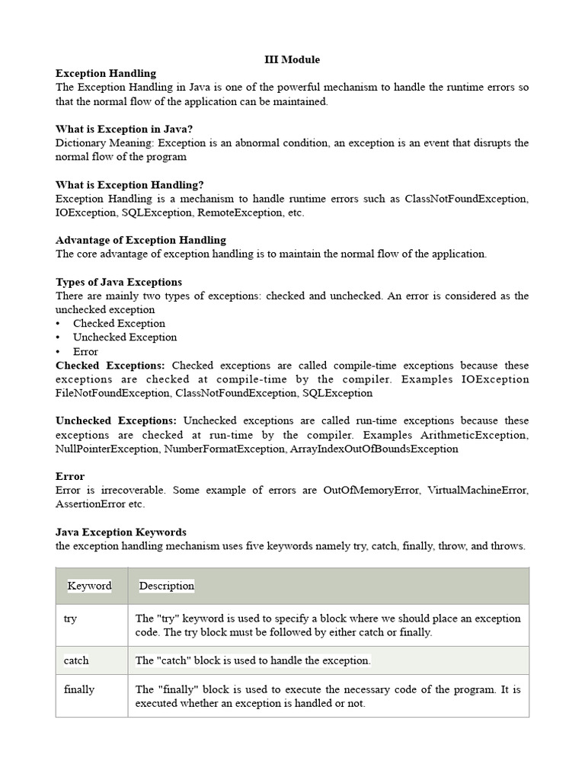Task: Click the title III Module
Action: pos(292,59)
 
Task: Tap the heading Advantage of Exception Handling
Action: pos(141,240)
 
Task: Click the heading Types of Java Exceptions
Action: pos(119,282)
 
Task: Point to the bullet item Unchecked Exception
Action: pos(125,337)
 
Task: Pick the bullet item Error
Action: pos(85,351)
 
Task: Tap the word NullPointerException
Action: pos(107,449)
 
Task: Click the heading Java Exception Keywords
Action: pos(121,532)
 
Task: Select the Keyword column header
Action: pos(89,586)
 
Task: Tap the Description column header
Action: pos(167,586)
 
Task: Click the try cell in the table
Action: pos(71,619)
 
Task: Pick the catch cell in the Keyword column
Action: pos(76,660)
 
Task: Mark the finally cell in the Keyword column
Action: pos(79,689)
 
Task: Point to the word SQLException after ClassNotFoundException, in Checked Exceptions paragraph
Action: pos(337,393)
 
